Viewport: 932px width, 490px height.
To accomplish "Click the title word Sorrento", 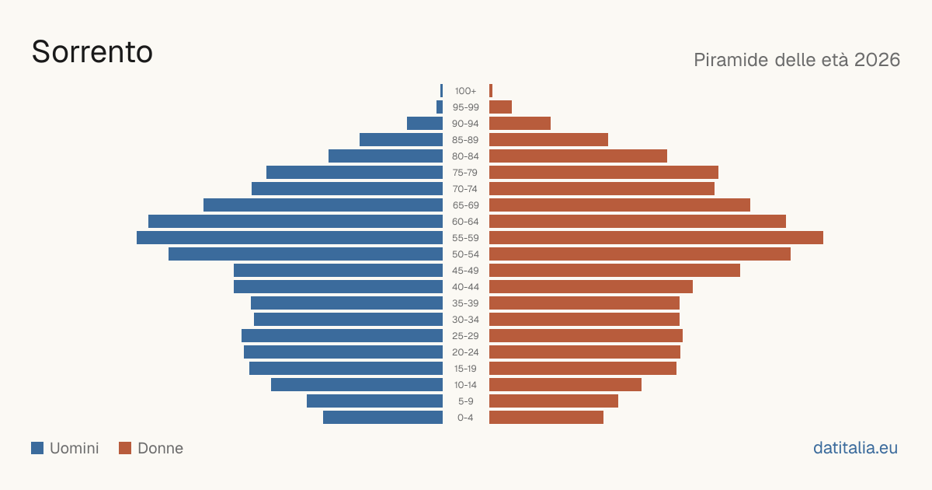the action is [x=92, y=52].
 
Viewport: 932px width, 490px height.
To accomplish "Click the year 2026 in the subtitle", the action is [x=877, y=60].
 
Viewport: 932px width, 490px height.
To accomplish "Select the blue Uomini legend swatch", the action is [x=37, y=448].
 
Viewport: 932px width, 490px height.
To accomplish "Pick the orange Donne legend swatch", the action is [x=125, y=448].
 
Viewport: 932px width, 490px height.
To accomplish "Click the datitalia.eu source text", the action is [x=855, y=448].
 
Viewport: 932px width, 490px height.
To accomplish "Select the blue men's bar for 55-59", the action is [x=290, y=237].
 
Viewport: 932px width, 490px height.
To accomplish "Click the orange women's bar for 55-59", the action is [x=656, y=237].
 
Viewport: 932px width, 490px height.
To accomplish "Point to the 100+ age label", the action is [x=465, y=91].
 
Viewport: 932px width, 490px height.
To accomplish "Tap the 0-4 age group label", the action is [x=465, y=418].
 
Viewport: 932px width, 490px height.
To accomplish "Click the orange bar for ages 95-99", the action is [x=500, y=107].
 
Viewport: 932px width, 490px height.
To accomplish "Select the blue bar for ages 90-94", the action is [x=425, y=124].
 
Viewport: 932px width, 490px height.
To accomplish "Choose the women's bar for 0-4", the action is [x=546, y=418].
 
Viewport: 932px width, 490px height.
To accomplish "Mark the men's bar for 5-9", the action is [x=375, y=401].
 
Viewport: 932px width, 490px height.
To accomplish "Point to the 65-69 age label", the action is [x=465, y=205].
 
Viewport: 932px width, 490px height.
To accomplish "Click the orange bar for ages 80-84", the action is [x=579, y=156].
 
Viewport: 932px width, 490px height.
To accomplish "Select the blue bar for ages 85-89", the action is [x=401, y=139].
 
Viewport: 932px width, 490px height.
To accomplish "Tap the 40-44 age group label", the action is [x=465, y=287].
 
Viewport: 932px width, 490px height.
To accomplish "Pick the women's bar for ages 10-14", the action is [x=565, y=384].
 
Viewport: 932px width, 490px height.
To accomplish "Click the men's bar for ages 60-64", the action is [x=295, y=221].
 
